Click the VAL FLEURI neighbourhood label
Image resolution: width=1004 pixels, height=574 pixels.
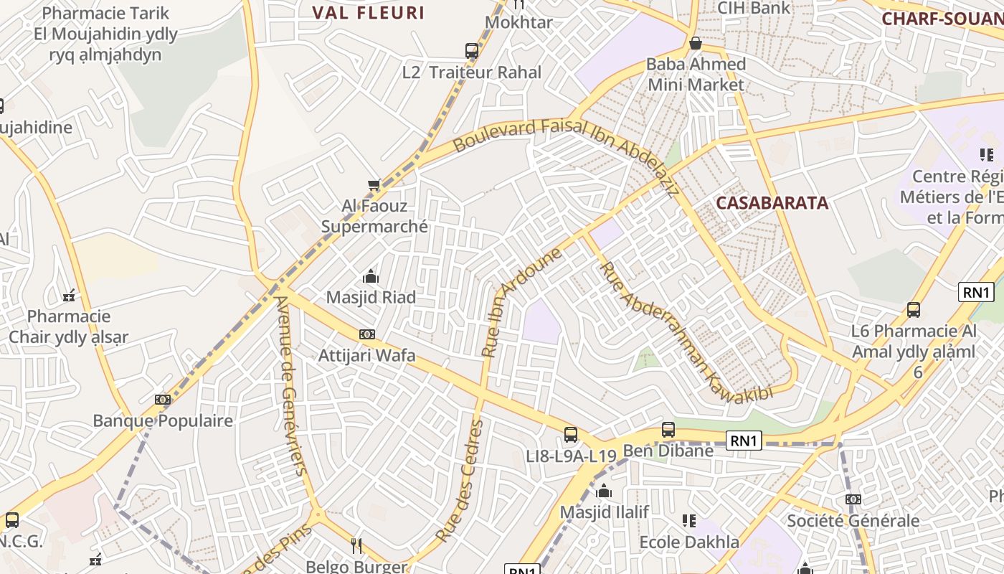coord(369,13)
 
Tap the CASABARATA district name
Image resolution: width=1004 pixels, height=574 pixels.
coord(772,203)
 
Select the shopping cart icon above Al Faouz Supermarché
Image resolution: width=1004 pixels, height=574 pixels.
coord(374,185)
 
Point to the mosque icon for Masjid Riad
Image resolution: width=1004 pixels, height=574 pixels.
coord(371,276)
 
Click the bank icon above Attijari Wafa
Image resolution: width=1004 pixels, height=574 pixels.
coord(366,334)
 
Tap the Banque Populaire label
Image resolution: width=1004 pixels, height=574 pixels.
coord(163,420)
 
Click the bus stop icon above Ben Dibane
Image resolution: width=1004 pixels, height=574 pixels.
coord(668,429)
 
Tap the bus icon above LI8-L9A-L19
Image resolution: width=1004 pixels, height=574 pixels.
coord(571,434)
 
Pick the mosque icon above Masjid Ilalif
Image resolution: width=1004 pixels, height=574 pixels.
coord(604,491)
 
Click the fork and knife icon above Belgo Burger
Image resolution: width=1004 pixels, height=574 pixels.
coord(356,545)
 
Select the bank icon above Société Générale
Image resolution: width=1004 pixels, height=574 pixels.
coord(853,499)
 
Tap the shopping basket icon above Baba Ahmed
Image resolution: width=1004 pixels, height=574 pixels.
coord(695,43)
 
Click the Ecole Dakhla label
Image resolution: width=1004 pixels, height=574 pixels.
coord(689,542)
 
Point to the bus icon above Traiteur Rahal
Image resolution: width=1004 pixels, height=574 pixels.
coord(471,51)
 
